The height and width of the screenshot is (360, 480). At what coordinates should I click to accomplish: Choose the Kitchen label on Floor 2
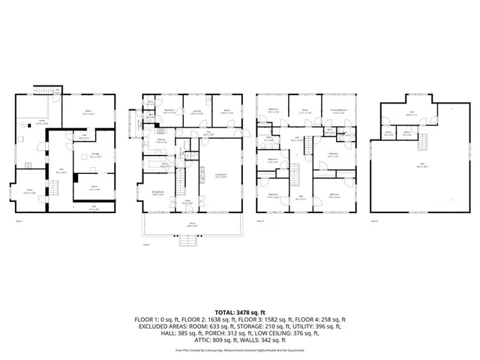point(161,140)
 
